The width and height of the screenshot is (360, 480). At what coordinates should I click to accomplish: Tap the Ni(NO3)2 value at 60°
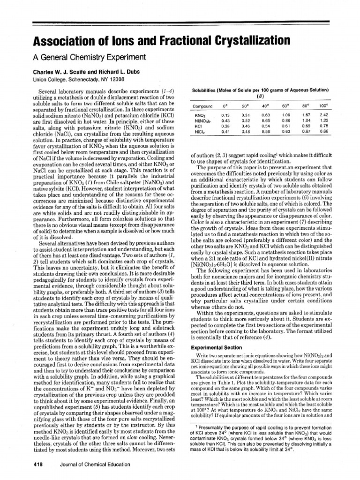[x=286, y=120]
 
